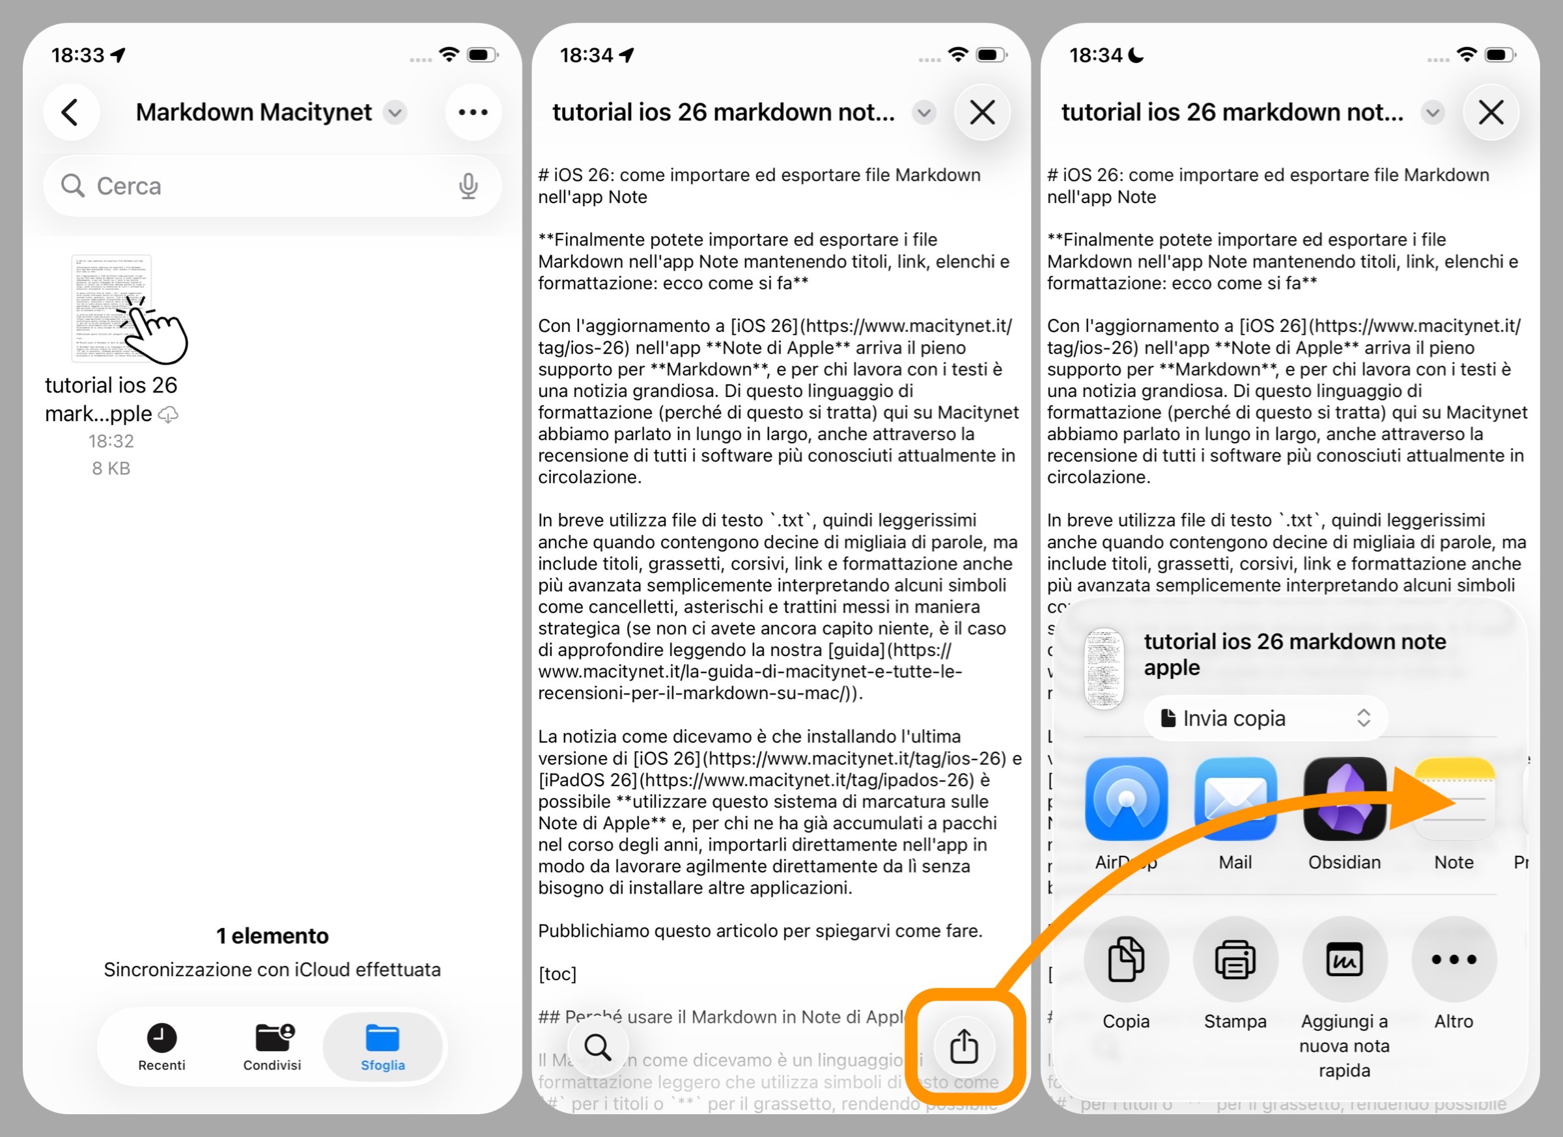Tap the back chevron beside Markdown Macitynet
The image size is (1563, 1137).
70,112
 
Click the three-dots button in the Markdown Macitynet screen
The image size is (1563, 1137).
473,112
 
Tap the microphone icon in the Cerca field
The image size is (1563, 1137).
469,186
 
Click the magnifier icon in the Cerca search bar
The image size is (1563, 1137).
72,186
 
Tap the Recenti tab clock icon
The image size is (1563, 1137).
162,1037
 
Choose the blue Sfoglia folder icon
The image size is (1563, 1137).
382,1037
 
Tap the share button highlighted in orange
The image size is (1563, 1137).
964,1046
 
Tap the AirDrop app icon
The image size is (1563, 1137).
1126,799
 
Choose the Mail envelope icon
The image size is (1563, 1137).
1235,799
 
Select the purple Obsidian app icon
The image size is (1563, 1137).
1345,799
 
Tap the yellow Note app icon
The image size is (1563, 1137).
1454,799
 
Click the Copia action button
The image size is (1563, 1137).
1126,959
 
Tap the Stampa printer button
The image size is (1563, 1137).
1235,959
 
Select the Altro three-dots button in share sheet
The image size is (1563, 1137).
1454,959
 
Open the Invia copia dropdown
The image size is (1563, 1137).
1265,719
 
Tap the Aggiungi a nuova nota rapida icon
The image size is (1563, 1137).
1345,959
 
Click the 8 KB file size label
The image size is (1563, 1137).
111,469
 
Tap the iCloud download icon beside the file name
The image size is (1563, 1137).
169,415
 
